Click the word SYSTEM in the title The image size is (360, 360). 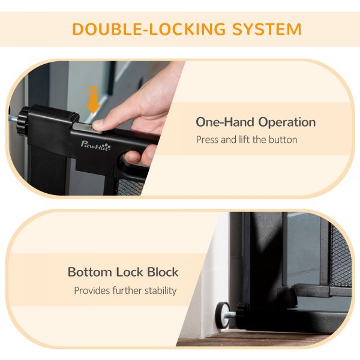pyautogui.click(x=266, y=29)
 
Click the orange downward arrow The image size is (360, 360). pyautogui.click(x=93, y=100)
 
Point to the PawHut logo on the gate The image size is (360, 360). pyautogui.click(x=95, y=146)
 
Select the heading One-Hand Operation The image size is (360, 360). pyautogui.click(x=256, y=122)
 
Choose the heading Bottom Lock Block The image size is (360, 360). pyautogui.click(x=123, y=272)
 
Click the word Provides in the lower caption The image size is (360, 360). pyautogui.click(x=92, y=290)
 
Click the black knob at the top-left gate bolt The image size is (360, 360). pyautogui.click(x=23, y=121)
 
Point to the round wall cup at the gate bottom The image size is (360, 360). pyautogui.click(x=222, y=315)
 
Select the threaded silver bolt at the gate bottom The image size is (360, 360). pyautogui.click(x=233, y=314)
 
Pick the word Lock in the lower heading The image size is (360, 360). pyautogui.click(x=130, y=272)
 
